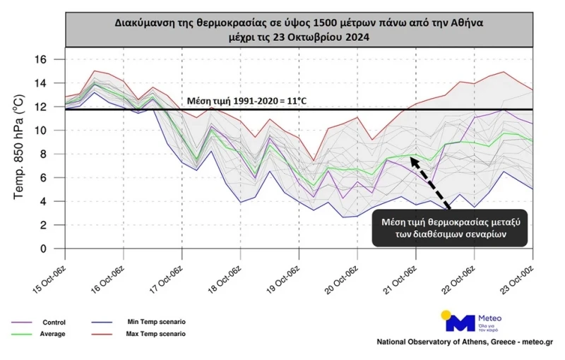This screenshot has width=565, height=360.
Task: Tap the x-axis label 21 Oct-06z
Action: click(400, 277)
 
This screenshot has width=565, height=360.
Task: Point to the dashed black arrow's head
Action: click(411, 160)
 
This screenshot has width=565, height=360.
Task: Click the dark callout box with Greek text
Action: click(450, 229)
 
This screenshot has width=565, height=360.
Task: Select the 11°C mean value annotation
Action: click(247, 101)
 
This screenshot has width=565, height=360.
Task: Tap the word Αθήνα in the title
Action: click(464, 22)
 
